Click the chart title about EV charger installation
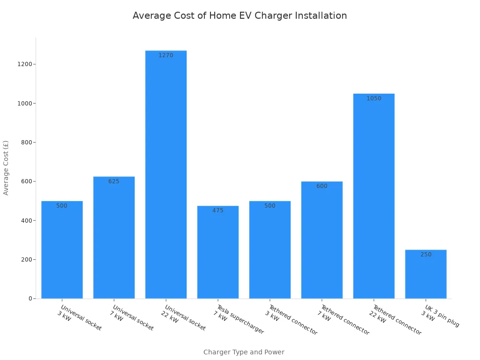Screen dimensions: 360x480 click(x=240, y=16)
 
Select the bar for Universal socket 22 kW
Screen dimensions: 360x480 click(x=166, y=178)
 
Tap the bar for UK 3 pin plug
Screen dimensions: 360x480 click(x=426, y=277)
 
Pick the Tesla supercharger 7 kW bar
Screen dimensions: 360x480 click(x=218, y=255)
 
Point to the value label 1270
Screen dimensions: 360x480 click(x=166, y=55)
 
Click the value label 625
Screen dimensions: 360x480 click(x=114, y=181)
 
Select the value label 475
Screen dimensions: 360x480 click(x=218, y=210)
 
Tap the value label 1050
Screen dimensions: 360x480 click(x=374, y=98)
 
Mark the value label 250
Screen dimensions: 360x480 click(x=426, y=255)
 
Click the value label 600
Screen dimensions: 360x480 click(x=322, y=186)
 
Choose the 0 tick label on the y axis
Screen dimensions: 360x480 click(x=30, y=299)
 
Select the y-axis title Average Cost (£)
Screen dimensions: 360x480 click(x=6, y=167)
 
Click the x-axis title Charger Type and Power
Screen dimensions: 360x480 click(x=244, y=352)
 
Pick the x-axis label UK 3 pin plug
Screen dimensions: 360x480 click(x=441, y=316)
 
